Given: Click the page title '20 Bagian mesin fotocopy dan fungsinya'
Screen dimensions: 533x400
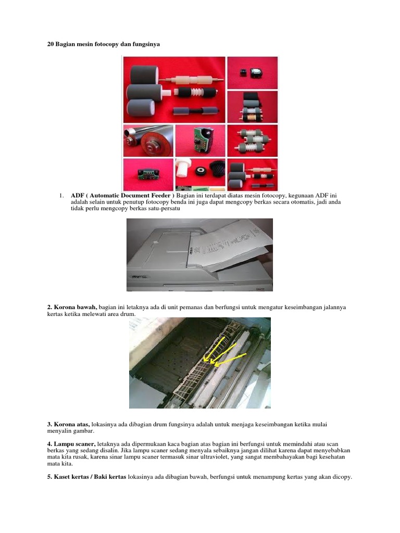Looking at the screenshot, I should coord(104,44).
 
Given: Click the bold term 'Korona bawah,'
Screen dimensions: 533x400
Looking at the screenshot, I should coord(72,308).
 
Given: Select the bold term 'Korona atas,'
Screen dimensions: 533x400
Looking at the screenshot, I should coord(68,425).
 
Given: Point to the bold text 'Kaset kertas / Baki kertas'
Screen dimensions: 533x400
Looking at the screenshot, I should coord(86,477).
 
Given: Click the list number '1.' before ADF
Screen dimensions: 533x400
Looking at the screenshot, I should coord(61,195).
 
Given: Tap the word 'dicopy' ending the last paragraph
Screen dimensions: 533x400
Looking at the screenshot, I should coord(341,477).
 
